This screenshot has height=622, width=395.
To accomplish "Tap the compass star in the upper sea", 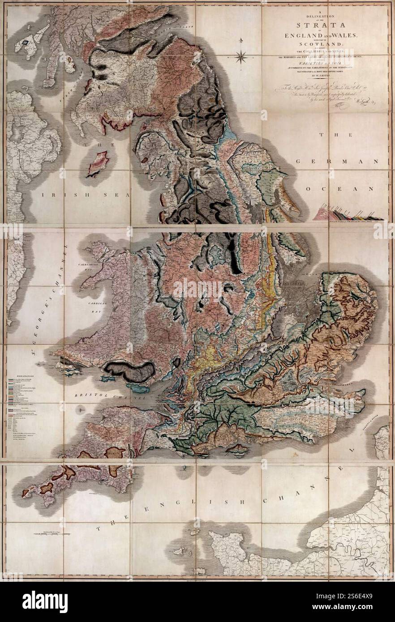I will tap(241, 56).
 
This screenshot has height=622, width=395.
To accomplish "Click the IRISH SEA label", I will tap(84, 195).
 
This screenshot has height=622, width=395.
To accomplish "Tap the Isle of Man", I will tap(98, 163).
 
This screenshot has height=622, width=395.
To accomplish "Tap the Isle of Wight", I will tap(237, 449).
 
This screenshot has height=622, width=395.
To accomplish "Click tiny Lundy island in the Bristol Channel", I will tap(82, 408).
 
